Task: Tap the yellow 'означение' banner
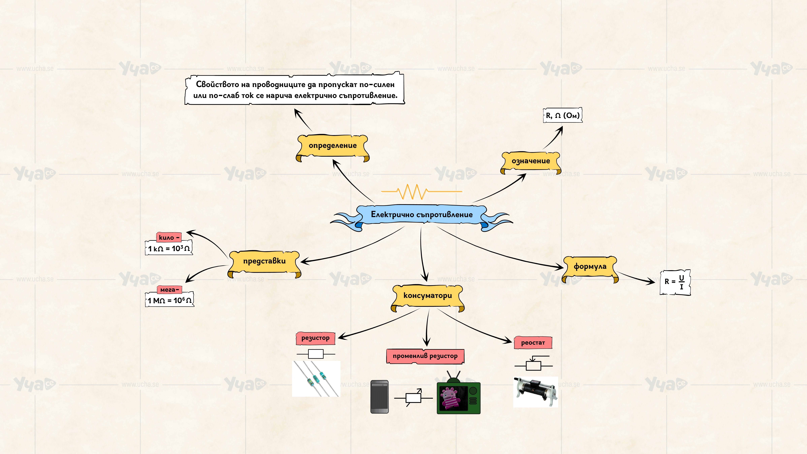click(531, 161)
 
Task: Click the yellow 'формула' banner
click(590, 267)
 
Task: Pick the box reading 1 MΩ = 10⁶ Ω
click(169, 300)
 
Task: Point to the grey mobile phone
click(379, 397)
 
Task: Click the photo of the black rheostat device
click(535, 392)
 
